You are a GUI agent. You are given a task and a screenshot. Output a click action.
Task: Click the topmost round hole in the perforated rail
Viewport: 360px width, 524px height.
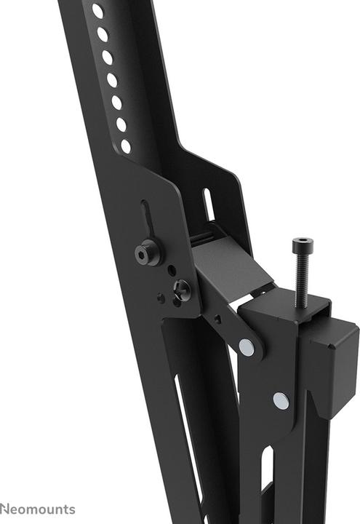click(x=97, y=11)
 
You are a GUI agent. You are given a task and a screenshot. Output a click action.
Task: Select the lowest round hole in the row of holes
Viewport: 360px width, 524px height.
click(x=126, y=146)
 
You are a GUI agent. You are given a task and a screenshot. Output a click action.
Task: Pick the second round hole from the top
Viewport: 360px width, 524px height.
click(x=103, y=34)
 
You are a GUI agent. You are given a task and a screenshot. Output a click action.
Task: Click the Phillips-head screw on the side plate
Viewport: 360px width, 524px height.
click(x=180, y=290)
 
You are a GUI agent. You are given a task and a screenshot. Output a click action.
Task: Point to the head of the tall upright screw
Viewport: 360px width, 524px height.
click(x=300, y=245)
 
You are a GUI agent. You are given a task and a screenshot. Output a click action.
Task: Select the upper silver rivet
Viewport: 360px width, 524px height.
click(x=247, y=347)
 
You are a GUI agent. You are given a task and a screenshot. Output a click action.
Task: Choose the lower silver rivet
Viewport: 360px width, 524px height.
click(x=281, y=400)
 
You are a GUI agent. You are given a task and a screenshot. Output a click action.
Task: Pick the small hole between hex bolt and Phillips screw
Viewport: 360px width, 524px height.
click(x=171, y=270)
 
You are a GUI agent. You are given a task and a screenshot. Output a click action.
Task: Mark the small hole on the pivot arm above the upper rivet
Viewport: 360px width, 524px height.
click(x=217, y=319)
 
